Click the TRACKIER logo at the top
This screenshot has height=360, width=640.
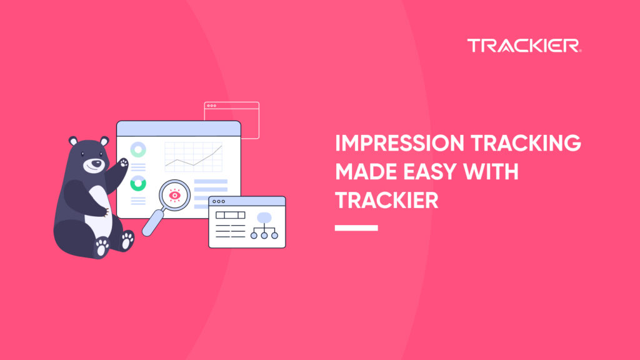tap(524, 46)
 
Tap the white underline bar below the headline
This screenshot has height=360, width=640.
tap(356, 227)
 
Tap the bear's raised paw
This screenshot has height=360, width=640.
tap(123, 163)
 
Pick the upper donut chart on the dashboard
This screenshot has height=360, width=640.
tap(137, 150)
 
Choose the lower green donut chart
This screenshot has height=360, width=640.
tap(137, 184)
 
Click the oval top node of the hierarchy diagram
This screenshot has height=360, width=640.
tap(263, 218)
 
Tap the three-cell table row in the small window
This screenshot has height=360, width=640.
tap(230, 215)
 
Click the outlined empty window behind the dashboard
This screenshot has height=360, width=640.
tap(241, 112)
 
